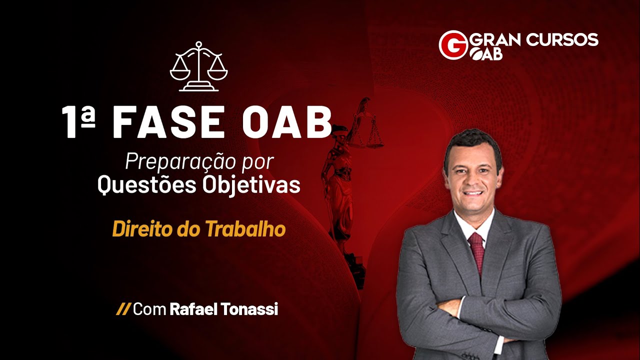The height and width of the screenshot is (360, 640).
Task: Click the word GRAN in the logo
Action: [x=495, y=39]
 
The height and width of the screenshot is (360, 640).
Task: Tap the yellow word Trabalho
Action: [x=245, y=229]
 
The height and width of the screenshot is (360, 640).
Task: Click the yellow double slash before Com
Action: [x=123, y=309]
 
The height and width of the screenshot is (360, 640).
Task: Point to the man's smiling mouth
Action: [x=473, y=192]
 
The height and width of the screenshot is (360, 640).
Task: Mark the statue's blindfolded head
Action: [x=340, y=133]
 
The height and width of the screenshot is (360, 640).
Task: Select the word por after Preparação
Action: [x=261, y=161]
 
